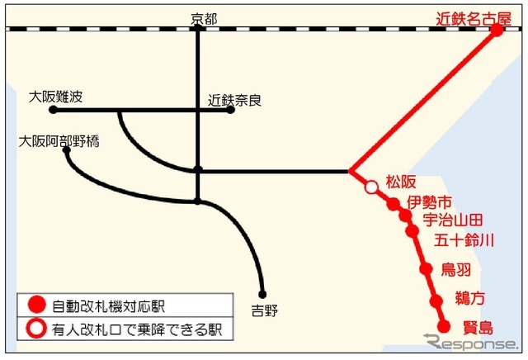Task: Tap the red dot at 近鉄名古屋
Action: pyautogui.click(x=497, y=31)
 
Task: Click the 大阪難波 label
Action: pyautogui.click(x=56, y=97)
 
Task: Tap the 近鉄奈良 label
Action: pyautogui.click(x=235, y=100)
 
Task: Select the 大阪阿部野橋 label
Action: pyautogui.click(x=59, y=141)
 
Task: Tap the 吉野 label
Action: pyautogui.click(x=265, y=310)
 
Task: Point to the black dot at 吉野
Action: pyautogui.click(x=262, y=294)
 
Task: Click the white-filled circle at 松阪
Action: pyautogui.click(x=371, y=188)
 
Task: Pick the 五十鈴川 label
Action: pyautogui.click(x=464, y=240)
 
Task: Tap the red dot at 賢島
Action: pyautogui.click(x=443, y=325)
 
